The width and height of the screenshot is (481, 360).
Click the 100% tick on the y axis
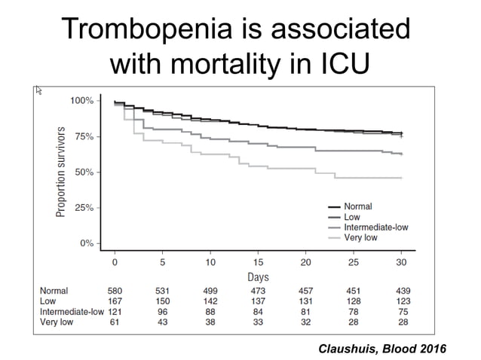pyautogui.click(x=81, y=101)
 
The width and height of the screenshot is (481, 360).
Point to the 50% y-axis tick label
pyautogui.click(x=84, y=172)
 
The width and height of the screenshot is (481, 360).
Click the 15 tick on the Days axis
pyautogui.click(x=258, y=263)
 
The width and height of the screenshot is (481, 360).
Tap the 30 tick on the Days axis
pyautogui.click(x=400, y=263)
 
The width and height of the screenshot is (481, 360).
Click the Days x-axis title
pyautogui.click(x=258, y=276)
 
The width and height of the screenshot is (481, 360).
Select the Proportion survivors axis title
pyautogui.click(x=61, y=172)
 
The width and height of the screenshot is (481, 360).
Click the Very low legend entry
pyautogui.click(x=360, y=237)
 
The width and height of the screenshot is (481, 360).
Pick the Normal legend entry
pyautogui.click(x=357, y=206)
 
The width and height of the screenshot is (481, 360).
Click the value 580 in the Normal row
pyautogui.click(x=115, y=291)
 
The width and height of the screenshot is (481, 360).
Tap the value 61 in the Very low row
pyautogui.click(x=115, y=322)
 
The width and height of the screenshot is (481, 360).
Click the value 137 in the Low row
pyautogui.click(x=258, y=301)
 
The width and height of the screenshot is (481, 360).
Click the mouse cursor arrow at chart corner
pyautogui.click(x=39, y=90)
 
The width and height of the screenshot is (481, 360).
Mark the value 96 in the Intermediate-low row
pyautogui.click(x=162, y=312)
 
